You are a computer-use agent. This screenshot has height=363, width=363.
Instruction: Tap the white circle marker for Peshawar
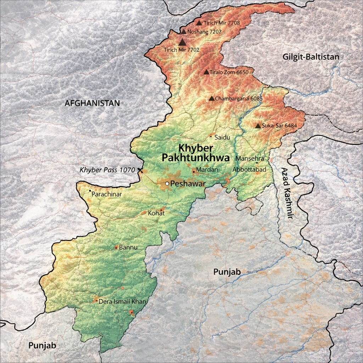(x=167, y=184)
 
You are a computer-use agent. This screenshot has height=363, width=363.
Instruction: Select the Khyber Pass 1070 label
(x=107, y=170)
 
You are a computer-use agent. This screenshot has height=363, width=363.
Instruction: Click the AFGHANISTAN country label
(x=92, y=103)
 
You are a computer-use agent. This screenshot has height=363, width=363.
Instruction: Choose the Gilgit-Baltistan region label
(x=311, y=57)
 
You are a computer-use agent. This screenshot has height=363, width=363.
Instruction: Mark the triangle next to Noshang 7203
(x=184, y=32)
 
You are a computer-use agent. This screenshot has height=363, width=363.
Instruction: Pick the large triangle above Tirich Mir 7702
(x=182, y=42)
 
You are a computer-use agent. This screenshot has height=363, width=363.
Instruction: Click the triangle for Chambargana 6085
(x=212, y=98)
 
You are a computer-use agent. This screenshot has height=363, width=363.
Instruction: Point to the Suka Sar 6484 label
(x=278, y=125)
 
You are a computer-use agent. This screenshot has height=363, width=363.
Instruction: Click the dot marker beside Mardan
(x=194, y=172)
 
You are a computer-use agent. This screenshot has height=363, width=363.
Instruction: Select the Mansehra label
(x=250, y=158)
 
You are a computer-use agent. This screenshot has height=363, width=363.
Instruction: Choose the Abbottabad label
(x=249, y=170)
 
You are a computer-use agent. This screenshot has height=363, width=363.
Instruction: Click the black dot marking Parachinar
(x=90, y=191)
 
